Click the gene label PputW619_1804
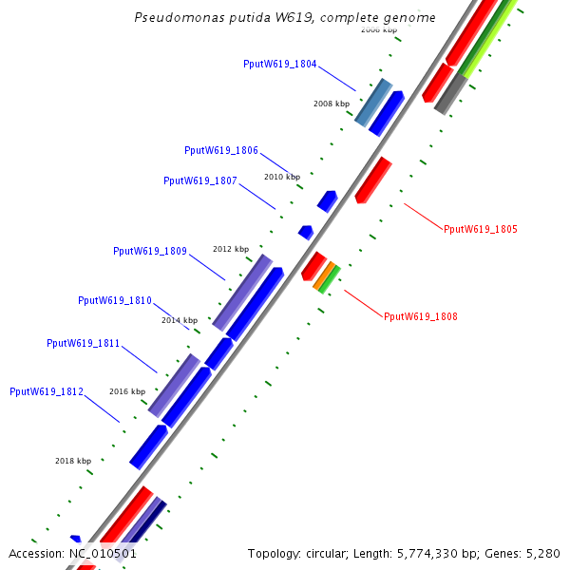(x=280, y=64)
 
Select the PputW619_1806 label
(x=221, y=150)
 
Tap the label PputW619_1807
(x=200, y=180)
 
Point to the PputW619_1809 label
(x=150, y=251)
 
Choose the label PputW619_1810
(x=115, y=300)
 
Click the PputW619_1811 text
(x=84, y=343)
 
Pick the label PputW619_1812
(x=47, y=390)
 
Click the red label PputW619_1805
(x=481, y=229)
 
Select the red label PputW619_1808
(x=421, y=316)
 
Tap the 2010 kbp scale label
(x=282, y=177)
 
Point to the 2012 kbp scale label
(x=231, y=249)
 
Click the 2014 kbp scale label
(x=180, y=320)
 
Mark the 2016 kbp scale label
(x=127, y=391)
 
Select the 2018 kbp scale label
(x=73, y=461)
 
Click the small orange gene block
(x=325, y=276)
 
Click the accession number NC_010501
(x=103, y=553)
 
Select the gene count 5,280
(x=541, y=553)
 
